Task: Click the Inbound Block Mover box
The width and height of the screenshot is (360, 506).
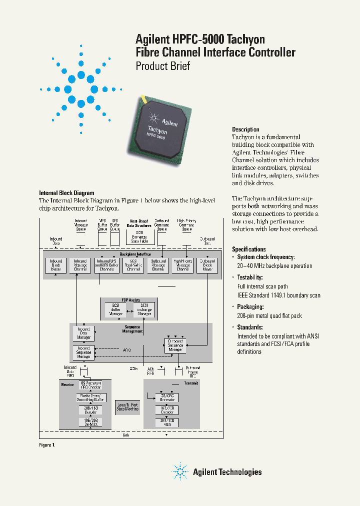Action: (55, 265)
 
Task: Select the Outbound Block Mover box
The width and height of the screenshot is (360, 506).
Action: (207, 265)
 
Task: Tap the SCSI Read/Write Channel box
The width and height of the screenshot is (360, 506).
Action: (133, 265)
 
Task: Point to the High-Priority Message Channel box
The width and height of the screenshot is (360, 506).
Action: (182, 265)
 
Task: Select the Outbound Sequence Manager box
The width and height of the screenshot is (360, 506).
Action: (175, 345)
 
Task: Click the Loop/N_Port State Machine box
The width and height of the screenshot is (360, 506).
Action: (127, 406)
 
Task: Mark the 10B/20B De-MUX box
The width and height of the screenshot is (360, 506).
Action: (91, 421)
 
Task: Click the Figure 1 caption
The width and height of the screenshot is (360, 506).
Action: (47, 444)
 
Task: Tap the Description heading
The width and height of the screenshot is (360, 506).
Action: (245, 129)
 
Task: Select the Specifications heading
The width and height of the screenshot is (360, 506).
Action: (248, 249)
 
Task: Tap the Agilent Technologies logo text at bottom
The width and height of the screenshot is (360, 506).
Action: (227, 471)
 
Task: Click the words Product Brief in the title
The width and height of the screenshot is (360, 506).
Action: (163, 66)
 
